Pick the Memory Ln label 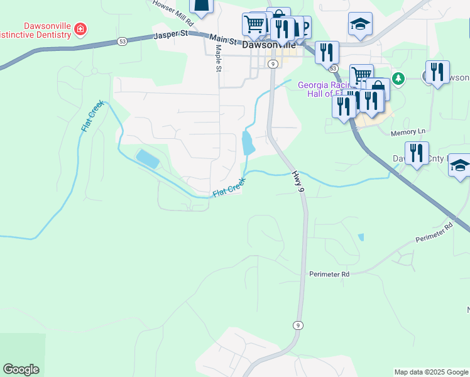click(x=408, y=133)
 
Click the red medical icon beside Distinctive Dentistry click(x=80, y=29)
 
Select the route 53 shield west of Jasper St click(x=122, y=41)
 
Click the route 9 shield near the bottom click(x=297, y=325)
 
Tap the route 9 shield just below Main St click(x=273, y=64)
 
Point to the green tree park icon click(x=398, y=79)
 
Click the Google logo click(x=21, y=369)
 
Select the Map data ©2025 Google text click(x=430, y=372)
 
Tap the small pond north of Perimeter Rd click(x=360, y=238)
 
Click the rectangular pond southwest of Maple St click(x=147, y=158)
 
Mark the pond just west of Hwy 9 click(x=248, y=144)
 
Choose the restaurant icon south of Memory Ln click(x=417, y=153)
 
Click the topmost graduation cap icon click(x=360, y=24)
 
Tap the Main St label click(x=223, y=41)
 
